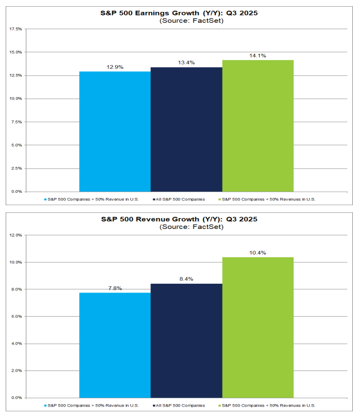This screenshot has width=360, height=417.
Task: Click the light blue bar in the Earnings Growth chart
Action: [115, 131]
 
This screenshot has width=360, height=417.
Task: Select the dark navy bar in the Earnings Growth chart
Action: [186, 129]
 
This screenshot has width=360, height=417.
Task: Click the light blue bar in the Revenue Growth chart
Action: [115, 345]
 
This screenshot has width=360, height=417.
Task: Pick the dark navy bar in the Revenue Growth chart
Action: [186, 341]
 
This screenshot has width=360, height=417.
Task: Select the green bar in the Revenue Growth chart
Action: [258, 328]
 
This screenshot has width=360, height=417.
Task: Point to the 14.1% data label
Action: [258, 55]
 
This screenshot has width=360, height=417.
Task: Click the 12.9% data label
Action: [115, 67]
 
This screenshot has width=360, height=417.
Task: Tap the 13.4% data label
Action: [186, 63]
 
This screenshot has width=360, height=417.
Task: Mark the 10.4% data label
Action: [258, 253]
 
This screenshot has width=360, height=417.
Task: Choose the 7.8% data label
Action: [115, 288]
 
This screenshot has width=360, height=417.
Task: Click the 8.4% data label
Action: [186, 279]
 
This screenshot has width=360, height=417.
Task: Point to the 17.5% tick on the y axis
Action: [15, 29]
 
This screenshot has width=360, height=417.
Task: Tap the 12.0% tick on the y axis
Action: [15, 235]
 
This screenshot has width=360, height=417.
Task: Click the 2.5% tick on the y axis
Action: [17, 168]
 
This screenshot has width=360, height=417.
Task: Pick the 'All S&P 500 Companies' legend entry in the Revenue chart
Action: [179, 405]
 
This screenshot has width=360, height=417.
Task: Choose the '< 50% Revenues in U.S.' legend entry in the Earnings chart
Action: [269, 198]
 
